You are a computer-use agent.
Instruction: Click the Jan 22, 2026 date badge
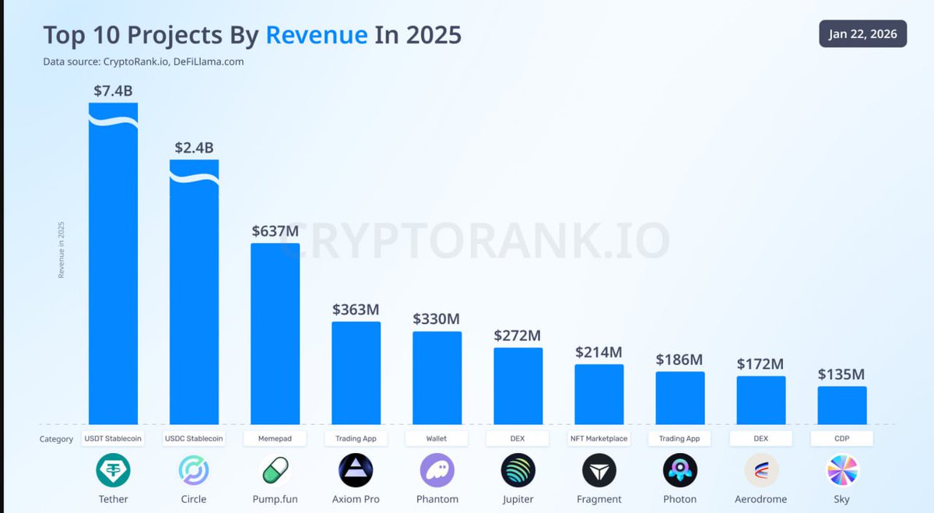[862, 33]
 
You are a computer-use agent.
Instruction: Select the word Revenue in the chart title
[316, 34]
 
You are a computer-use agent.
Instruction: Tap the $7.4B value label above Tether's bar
[113, 91]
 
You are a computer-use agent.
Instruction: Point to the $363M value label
[356, 309]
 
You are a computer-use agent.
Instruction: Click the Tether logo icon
[113, 470]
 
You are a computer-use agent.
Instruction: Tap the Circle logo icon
[194, 470]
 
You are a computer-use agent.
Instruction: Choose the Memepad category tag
[275, 438]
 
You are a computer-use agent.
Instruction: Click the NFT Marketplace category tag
[599, 438]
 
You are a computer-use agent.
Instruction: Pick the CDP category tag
[841, 438]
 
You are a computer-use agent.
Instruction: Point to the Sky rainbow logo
[841, 470]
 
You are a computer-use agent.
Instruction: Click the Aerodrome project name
[760, 499]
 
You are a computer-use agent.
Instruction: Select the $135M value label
[841, 374]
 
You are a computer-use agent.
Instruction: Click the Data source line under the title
[143, 61]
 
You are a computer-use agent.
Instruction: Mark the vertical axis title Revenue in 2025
[61, 249]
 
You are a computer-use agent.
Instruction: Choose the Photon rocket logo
[679, 470]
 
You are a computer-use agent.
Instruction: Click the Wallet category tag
[437, 438]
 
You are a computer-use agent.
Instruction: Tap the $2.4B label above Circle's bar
[194, 148]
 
